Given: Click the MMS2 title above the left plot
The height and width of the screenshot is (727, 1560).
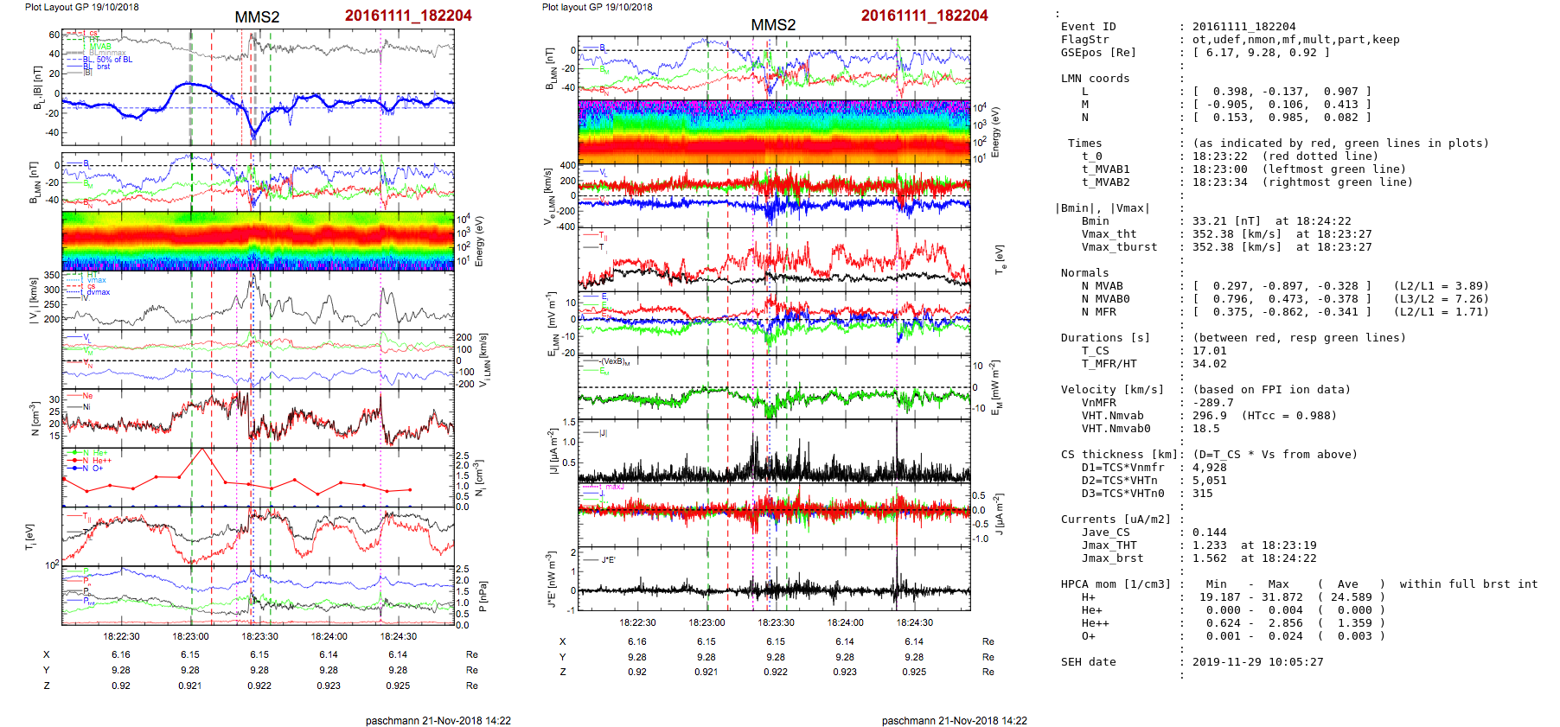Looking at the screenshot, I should [257, 17].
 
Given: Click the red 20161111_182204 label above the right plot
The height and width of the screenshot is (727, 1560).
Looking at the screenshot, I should [924, 16].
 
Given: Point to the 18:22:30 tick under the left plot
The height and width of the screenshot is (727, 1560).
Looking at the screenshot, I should [121, 636].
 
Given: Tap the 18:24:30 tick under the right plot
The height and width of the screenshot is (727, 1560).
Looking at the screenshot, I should [914, 622].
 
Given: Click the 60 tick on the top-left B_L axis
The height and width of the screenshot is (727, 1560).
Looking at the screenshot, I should [54, 35].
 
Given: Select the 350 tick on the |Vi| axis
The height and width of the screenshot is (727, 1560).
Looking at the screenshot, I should [52, 276].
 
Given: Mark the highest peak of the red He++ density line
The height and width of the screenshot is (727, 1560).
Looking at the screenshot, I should [202, 449].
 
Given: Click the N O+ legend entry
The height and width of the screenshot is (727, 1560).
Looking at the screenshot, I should [93, 468].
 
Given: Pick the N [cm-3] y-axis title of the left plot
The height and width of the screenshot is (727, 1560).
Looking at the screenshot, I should [35, 418].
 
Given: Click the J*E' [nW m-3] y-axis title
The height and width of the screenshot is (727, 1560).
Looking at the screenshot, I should [551, 578].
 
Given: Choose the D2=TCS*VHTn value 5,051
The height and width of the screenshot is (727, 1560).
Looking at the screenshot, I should [1209, 481].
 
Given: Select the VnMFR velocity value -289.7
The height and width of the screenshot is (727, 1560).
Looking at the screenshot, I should [1212, 403].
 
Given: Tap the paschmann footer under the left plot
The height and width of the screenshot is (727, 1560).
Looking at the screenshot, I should [438, 720].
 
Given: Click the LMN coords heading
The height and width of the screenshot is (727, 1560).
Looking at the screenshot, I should [1095, 79].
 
